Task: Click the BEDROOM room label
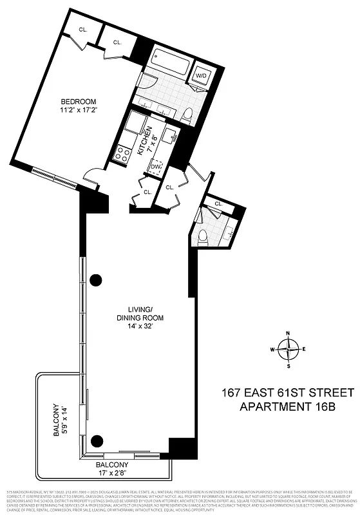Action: [x=79, y=102]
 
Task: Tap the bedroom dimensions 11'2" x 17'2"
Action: [x=79, y=111]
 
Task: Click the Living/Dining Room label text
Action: [x=140, y=313]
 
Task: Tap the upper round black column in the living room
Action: [x=97, y=279]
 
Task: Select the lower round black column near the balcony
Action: [x=97, y=440]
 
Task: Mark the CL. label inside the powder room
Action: [x=218, y=204]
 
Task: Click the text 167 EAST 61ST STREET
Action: [x=288, y=392]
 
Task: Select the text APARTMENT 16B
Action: [x=288, y=406]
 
